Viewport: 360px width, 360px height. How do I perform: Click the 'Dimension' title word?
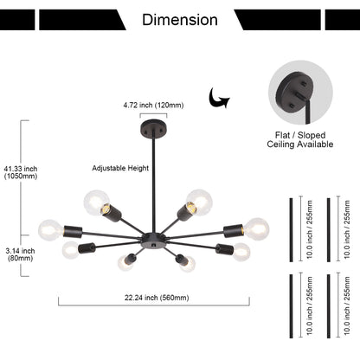click(180, 20)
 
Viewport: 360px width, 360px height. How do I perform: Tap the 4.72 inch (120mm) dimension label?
click(153, 106)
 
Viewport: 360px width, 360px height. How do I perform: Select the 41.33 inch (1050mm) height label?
click(21, 172)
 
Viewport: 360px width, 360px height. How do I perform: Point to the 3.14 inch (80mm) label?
click(20, 254)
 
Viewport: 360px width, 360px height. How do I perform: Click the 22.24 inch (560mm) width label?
click(157, 298)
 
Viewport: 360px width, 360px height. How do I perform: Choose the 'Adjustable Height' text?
click(120, 168)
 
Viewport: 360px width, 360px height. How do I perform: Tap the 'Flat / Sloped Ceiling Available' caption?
click(300, 139)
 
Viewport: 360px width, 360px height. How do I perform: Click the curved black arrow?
click(219, 98)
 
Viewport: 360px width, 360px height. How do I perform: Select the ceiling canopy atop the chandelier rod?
click(153, 128)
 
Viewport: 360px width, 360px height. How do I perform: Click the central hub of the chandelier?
click(153, 241)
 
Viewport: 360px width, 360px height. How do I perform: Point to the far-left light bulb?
click(51, 230)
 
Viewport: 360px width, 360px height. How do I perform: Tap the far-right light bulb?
click(257, 228)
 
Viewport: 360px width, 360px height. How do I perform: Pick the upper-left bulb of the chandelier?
click(97, 202)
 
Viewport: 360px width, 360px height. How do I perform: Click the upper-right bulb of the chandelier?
click(199, 202)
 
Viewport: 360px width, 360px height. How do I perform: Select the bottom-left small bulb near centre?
click(125, 263)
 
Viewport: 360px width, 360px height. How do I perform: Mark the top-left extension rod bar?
click(292, 230)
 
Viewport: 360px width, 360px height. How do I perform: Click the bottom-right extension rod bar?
click(329, 306)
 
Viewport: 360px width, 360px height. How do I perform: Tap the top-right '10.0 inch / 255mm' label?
click(347, 229)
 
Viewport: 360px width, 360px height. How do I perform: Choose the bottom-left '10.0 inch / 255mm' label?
click(310, 305)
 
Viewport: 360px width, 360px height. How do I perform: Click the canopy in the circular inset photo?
click(292, 96)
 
